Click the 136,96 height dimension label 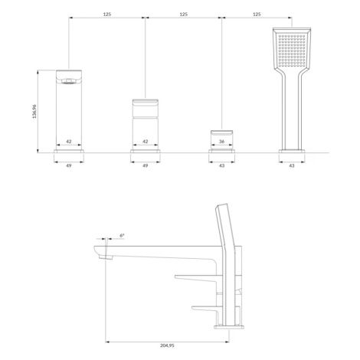click(34, 111)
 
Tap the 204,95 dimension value click(167, 345)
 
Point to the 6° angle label click(122, 235)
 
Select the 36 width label click(221, 141)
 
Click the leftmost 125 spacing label click(107, 15)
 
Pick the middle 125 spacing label click(183, 15)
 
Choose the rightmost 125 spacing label click(257, 15)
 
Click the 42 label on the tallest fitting click(69, 141)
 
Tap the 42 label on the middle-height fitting click(146, 141)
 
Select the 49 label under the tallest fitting click(69, 165)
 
